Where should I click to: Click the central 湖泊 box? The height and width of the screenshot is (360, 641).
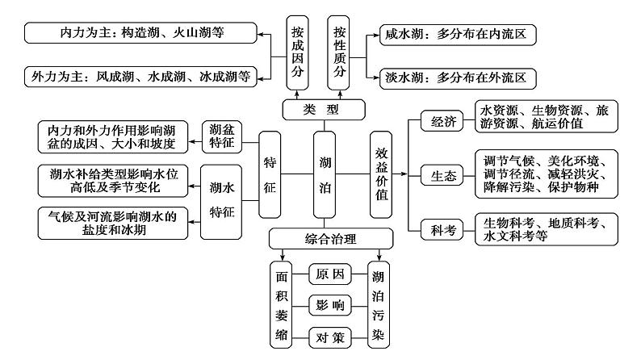point(325,174)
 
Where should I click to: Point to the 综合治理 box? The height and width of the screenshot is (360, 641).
point(330,239)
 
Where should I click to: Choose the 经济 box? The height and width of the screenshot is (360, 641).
point(443,122)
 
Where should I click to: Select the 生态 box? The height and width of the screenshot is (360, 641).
point(443,175)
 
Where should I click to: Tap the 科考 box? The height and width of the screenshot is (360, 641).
point(443,229)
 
